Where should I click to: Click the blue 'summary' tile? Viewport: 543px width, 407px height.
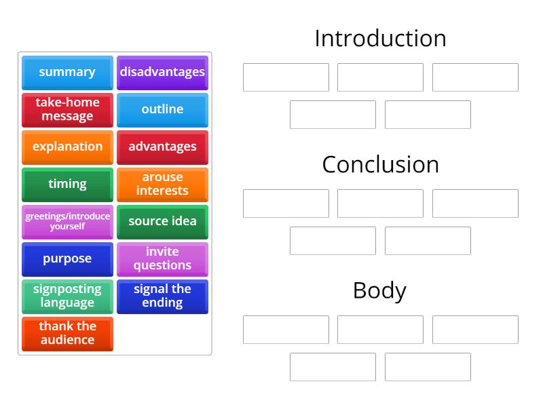click(x=67, y=72)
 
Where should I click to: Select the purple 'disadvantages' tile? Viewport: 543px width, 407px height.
click(x=162, y=72)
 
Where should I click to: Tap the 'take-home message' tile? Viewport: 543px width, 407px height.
click(x=67, y=109)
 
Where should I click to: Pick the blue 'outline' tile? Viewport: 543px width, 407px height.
click(x=162, y=109)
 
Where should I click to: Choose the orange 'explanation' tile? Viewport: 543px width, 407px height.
click(x=67, y=147)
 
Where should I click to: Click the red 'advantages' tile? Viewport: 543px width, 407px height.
click(x=162, y=147)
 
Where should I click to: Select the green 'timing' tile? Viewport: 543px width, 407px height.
click(x=67, y=184)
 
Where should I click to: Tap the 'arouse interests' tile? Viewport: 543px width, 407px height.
click(x=162, y=184)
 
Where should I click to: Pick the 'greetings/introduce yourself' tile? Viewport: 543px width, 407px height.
click(x=67, y=221)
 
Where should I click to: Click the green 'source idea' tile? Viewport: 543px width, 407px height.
click(x=162, y=221)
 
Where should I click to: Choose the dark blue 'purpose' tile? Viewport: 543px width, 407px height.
click(x=67, y=258)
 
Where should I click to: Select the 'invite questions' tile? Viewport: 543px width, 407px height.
click(x=162, y=258)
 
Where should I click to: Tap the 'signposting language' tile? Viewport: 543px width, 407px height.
click(x=67, y=296)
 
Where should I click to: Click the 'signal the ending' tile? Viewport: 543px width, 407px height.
click(x=162, y=296)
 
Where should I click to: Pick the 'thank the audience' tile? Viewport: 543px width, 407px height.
click(x=67, y=333)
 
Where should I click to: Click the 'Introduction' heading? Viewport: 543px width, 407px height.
click(x=380, y=39)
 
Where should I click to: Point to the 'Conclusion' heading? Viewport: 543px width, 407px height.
click(x=380, y=165)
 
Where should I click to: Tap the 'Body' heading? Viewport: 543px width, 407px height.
click(x=380, y=290)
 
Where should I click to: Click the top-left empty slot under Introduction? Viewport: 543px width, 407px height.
click(x=286, y=77)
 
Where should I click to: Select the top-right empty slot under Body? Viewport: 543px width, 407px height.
click(x=475, y=330)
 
